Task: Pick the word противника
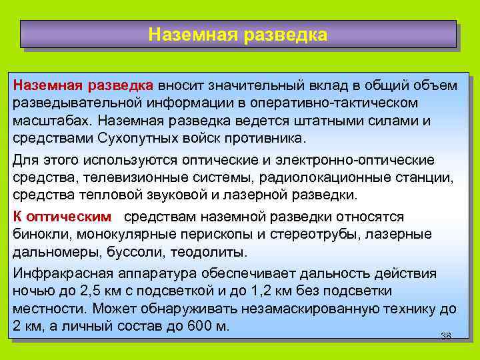pyautogui.click(x=267, y=139)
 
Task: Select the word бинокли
pyautogui.click(x=41, y=235)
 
